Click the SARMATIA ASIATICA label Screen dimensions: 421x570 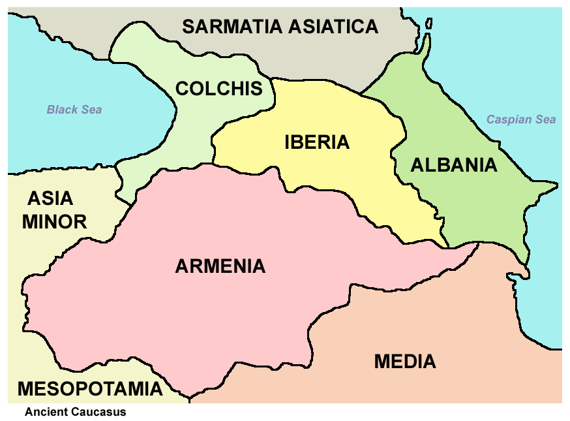pyautogui.click(x=280, y=27)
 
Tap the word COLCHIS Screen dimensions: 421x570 pyautogui.click(x=219, y=89)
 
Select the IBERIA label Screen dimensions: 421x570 pyautogui.click(x=317, y=142)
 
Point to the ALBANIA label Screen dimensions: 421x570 pyautogui.click(x=453, y=165)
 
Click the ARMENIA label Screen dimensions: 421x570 pyautogui.click(x=220, y=266)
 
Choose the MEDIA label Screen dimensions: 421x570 pyautogui.click(x=405, y=361)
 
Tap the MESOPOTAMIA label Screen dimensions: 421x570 pyautogui.click(x=89, y=389)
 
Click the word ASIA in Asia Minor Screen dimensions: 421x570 pyautogui.click(x=51, y=198)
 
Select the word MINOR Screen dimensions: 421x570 pyautogui.click(x=54, y=222)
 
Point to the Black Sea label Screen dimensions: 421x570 pyautogui.click(x=74, y=110)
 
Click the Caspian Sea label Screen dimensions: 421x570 pyautogui.click(x=521, y=119)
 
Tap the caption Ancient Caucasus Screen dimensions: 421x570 pyautogui.click(x=75, y=412)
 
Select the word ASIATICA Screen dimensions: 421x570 pyautogui.click(x=333, y=27)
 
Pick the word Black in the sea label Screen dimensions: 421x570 pyautogui.click(x=62, y=110)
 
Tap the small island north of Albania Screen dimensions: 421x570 pyautogui.click(x=428, y=23)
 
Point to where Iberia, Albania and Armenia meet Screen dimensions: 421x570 pyautogui.click(x=449, y=247)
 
